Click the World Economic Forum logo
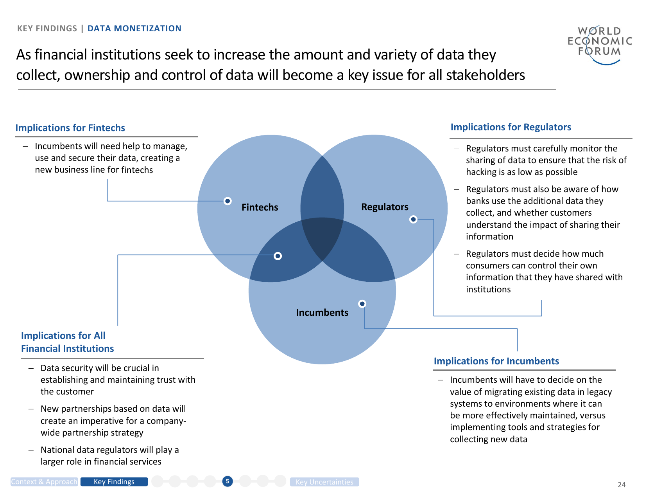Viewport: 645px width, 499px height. click(x=599, y=44)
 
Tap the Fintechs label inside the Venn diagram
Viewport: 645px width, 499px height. click(x=260, y=207)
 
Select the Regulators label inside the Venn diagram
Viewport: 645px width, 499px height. click(x=385, y=207)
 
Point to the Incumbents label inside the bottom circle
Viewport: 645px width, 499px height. click(x=322, y=313)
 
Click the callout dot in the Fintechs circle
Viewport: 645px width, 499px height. click(x=228, y=201)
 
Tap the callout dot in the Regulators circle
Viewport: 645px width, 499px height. click(x=413, y=220)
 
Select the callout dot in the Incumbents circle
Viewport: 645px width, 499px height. click(x=362, y=304)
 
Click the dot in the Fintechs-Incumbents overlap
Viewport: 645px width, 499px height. click(x=278, y=256)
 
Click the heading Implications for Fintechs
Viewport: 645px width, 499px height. click(x=70, y=128)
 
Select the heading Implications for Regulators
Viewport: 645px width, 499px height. click(x=511, y=127)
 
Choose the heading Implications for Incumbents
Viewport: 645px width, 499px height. click(x=496, y=361)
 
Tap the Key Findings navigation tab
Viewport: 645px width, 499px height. click(x=114, y=482)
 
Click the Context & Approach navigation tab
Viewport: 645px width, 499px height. click(x=44, y=482)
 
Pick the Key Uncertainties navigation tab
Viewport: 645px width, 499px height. click(x=324, y=482)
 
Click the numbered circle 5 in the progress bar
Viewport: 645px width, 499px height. click(x=228, y=481)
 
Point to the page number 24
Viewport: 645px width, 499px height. click(x=622, y=485)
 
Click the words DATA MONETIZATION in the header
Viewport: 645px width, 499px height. click(x=134, y=29)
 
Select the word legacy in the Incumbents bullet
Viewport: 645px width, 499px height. click(x=599, y=392)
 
